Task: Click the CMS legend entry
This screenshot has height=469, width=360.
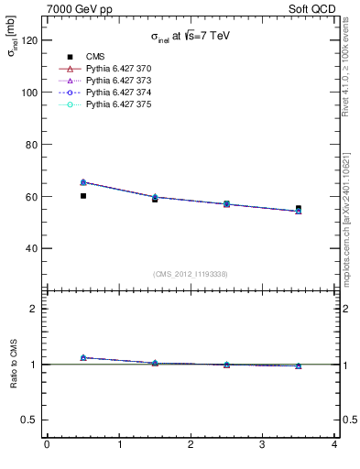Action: point(95,57)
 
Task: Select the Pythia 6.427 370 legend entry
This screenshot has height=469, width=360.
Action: point(116,69)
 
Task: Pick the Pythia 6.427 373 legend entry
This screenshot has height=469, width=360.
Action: point(116,81)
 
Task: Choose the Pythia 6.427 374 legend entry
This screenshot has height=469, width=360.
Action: point(116,93)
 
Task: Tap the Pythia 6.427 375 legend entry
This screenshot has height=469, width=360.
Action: point(116,104)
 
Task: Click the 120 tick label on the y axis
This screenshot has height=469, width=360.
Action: point(29,40)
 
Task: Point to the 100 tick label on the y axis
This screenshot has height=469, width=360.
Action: point(29,93)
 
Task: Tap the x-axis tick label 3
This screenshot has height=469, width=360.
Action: point(263,445)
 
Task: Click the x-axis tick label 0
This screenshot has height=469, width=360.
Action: point(47,445)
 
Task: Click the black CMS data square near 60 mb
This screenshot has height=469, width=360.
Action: point(83,195)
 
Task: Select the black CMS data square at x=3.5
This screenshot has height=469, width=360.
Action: point(299,209)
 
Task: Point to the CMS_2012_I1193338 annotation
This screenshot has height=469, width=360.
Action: point(191,274)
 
